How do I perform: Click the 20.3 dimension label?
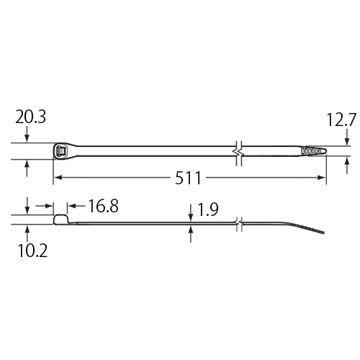coord(30,117)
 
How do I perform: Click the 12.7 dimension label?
coord(341,120)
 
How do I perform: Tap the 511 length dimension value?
coord(188,178)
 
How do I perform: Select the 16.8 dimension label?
coord(104,206)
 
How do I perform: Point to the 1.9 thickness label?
coord(207,210)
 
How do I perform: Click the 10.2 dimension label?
coord(32,251)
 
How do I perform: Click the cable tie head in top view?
coord(60,151)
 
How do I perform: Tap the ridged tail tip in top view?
coord(314,151)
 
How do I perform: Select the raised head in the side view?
coord(61,220)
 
